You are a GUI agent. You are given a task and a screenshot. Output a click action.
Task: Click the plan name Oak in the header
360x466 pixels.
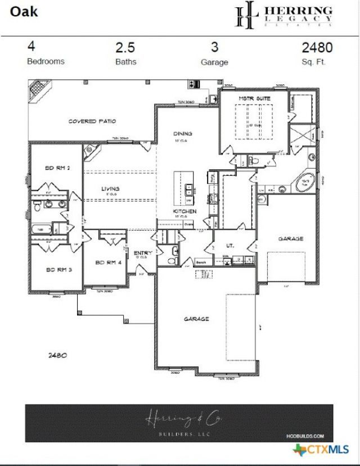click(x=24, y=10)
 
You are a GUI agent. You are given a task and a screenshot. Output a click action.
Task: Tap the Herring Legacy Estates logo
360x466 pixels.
click(x=283, y=16)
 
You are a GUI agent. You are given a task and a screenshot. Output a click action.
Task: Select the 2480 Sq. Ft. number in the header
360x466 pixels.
click(x=318, y=48)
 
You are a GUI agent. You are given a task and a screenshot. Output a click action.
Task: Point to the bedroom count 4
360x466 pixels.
click(x=31, y=48)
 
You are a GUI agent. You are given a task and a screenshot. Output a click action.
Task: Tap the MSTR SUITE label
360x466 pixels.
click(x=254, y=98)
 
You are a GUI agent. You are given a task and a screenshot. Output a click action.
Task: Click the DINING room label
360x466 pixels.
click(x=182, y=134)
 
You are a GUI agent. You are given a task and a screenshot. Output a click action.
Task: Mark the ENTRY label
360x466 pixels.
click(x=143, y=254)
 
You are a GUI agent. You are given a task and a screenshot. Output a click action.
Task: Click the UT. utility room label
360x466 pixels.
click(x=229, y=246)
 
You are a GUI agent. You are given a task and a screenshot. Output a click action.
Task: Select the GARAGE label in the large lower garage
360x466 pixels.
click(x=196, y=319)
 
